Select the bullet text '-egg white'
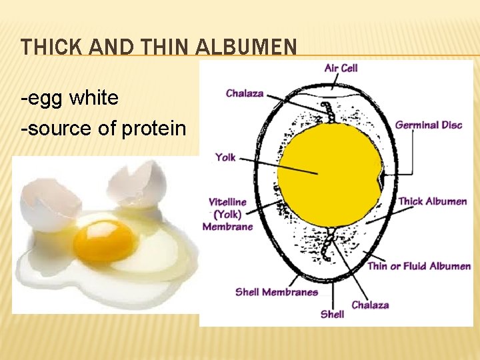click(70, 99)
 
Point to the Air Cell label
click(341, 68)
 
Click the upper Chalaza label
click(245, 93)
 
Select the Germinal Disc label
click(428, 125)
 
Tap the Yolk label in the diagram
click(225, 157)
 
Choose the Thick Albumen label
click(432, 201)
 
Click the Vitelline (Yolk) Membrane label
click(228, 214)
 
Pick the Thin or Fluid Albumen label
click(419, 266)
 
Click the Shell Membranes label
click(276, 292)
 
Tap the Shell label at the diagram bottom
click(332, 313)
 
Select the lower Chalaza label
click(370, 305)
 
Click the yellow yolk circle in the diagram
click(329, 175)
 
